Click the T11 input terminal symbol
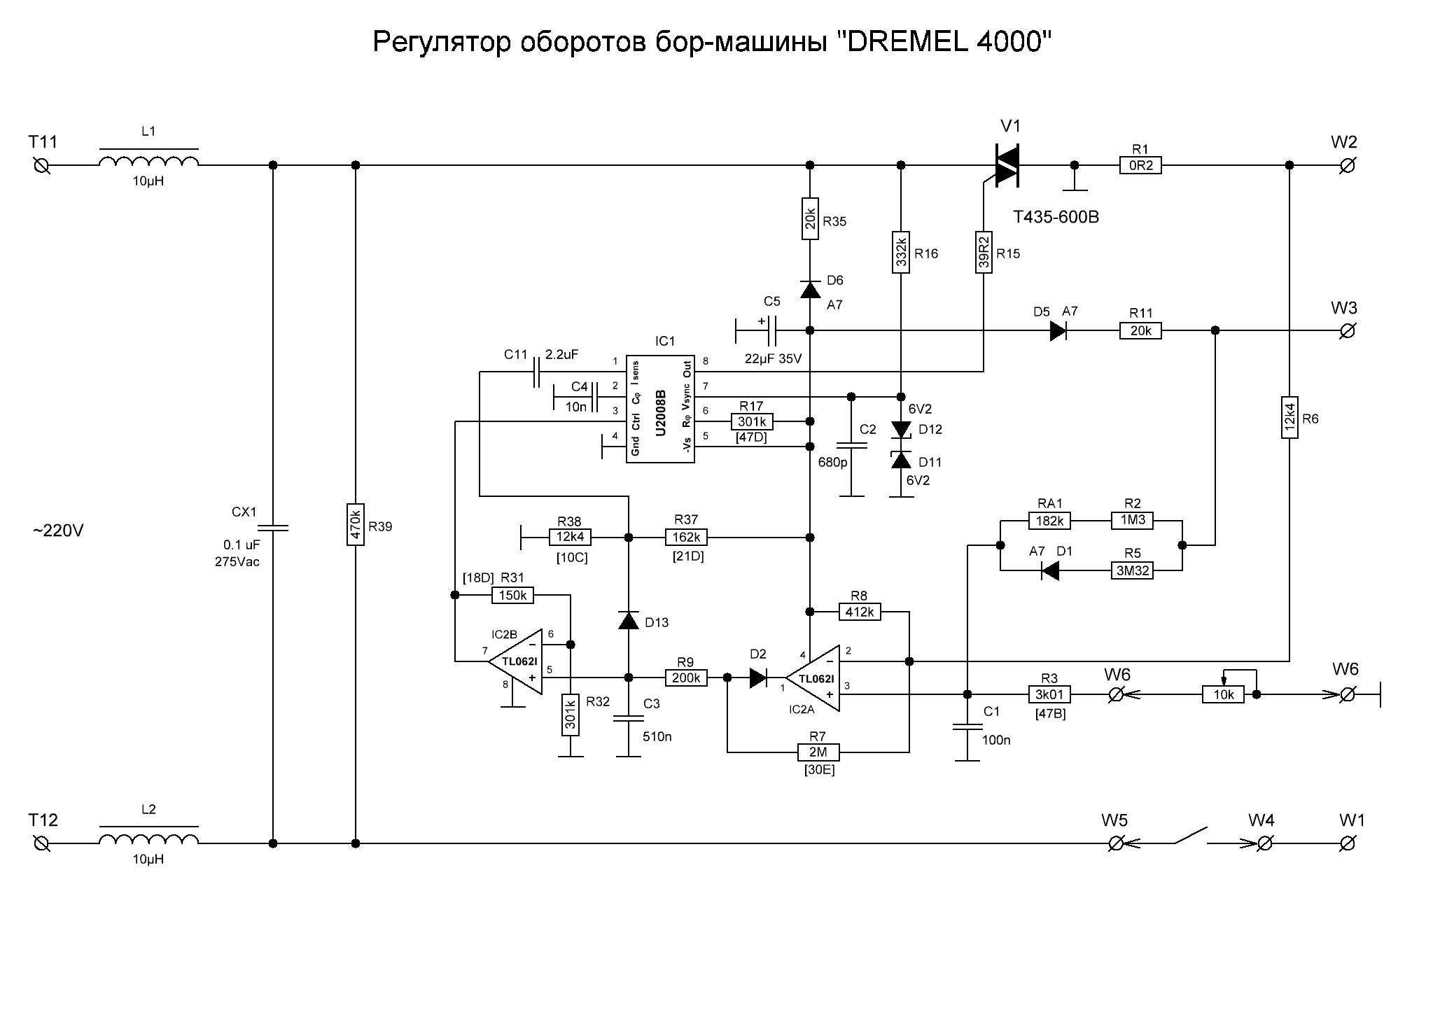pyautogui.click(x=42, y=166)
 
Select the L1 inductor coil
pyautogui.click(x=148, y=161)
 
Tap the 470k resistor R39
pyautogui.click(x=356, y=524)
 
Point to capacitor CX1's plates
pyautogui.click(x=273, y=528)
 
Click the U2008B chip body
pyautogui.click(x=661, y=408)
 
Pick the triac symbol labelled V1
pyautogui.click(x=1007, y=165)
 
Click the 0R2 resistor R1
pyautogui.click(x=1140, y=166)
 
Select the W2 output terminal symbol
pyautogui.click(x=1346, y=166)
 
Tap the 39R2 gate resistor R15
pyautogui.click(x=984, y=252)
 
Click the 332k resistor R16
pyautogui.click(x=901, y=252)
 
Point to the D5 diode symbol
pyautogui.click(x=1058, y=330)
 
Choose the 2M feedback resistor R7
pyautogui.click(x=818, y=752)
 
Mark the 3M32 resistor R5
pyautogui.click(x=1133, y=570)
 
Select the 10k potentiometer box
pyautogui.click(x=1223, y=694)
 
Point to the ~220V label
pyautogui.click(x=58, y=531)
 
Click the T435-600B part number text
pyautogui.click(x=1056, y=218)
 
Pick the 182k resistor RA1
pyautogui.click(x=1050, y=521)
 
